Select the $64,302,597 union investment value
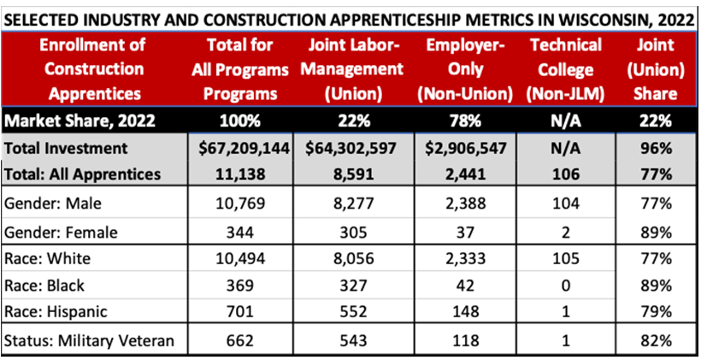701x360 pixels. pos(354,148)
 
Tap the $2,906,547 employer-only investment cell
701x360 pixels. pos(466,148)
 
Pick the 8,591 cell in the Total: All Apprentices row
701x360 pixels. pos(354,174)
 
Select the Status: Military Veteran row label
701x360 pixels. pos(89,340)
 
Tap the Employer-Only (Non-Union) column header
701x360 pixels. pos(466,69)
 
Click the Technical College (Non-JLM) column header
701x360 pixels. pos(566,69)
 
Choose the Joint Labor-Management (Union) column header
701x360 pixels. pos(354,69)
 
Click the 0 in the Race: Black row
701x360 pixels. pos(566,285)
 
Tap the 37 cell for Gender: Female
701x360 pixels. pos(466,230)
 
